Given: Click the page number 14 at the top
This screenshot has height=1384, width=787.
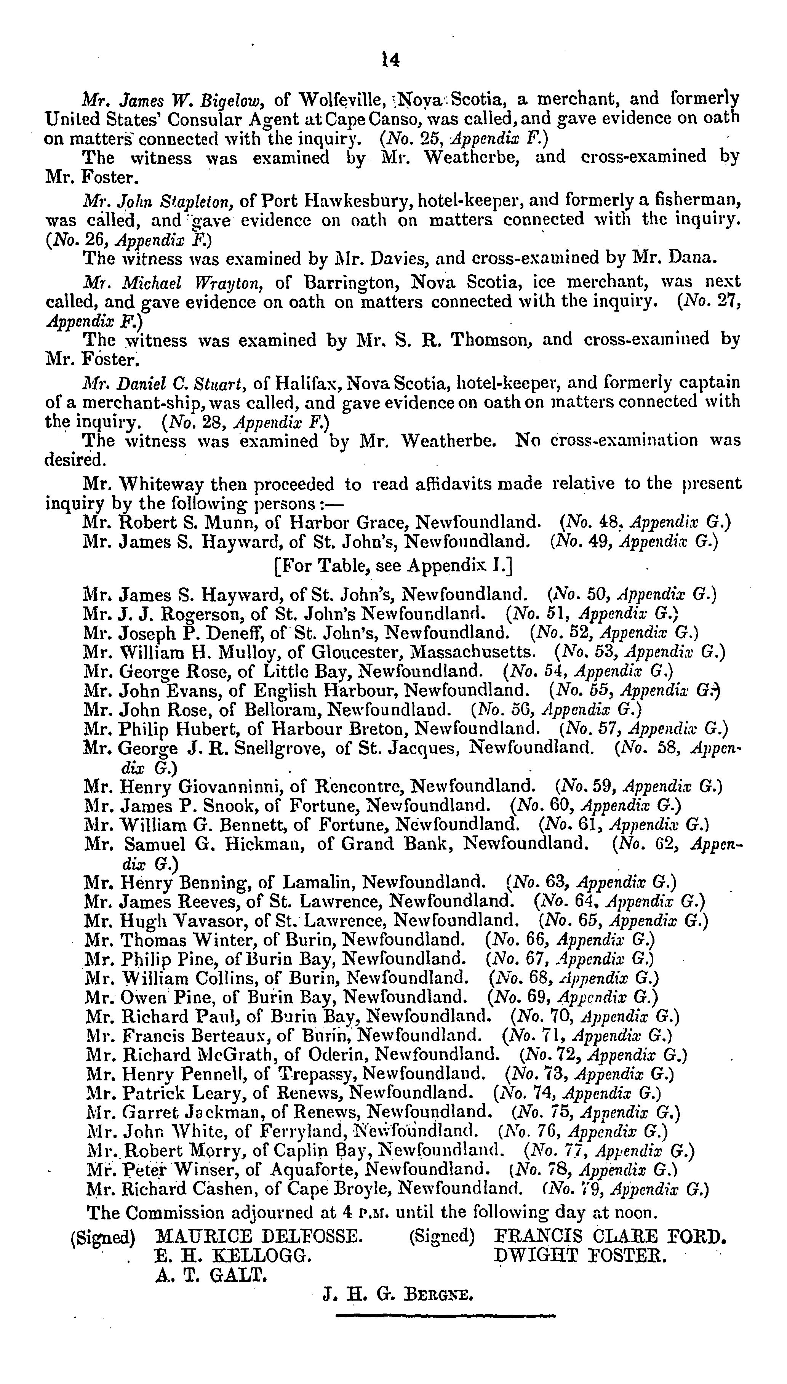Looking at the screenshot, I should (390, 59).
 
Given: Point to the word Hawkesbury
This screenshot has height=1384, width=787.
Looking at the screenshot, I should (358, 201).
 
